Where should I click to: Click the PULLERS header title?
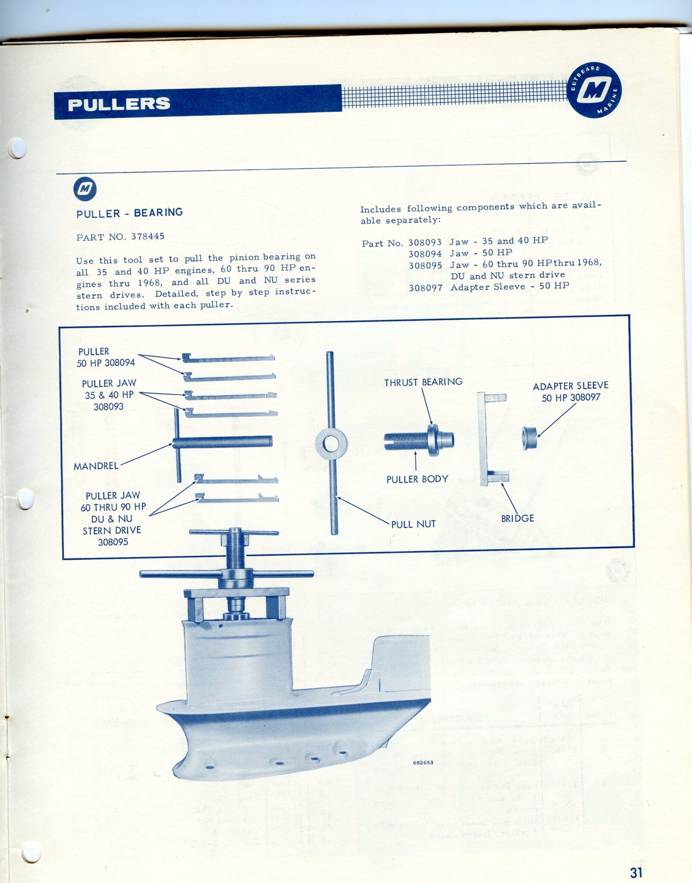119,104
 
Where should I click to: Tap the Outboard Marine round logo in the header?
594,90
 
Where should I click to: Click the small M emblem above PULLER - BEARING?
85,189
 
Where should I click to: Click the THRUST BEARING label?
423,382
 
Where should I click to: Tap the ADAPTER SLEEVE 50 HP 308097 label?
570,391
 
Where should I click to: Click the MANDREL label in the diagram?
96,466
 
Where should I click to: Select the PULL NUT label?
413,524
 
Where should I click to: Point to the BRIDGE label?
517,518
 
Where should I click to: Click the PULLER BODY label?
417,479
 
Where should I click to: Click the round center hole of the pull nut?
331,444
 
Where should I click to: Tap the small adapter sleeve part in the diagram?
530,438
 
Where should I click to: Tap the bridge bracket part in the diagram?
492,439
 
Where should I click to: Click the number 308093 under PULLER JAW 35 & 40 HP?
108,407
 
